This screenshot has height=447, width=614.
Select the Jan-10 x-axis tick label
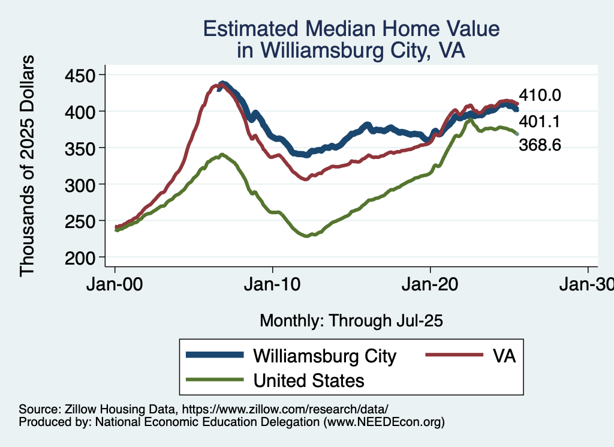[273, 286]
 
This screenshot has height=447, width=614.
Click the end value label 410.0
[539, 95]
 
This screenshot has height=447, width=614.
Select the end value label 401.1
[539, 122]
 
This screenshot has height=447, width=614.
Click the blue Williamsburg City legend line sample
[215, 355]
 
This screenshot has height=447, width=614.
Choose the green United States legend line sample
[215, 379]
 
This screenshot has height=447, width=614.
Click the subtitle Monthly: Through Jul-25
[351, 321]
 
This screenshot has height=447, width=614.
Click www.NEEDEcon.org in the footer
[384, 422]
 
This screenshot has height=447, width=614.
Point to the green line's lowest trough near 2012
[307, 236]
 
